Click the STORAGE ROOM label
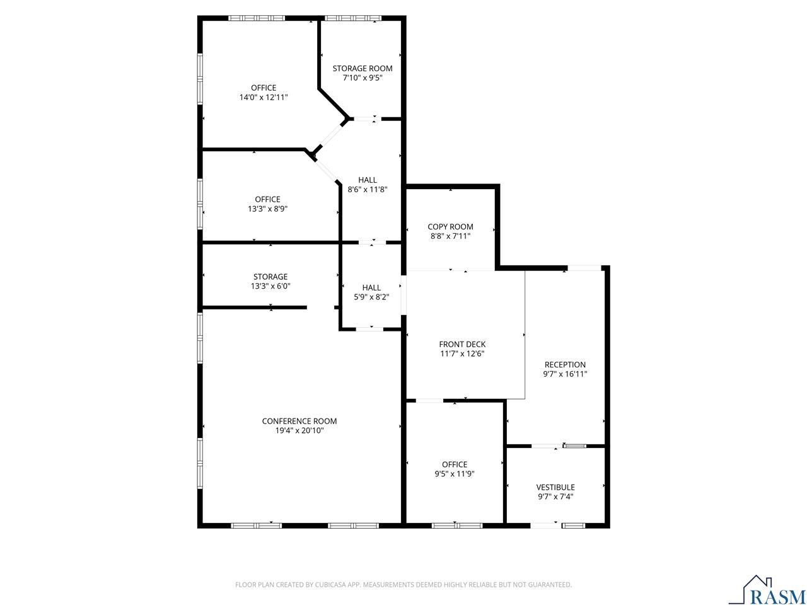(363, 68)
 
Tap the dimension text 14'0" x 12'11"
(264, 98)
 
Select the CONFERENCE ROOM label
(299, 421)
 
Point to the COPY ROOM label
(450, 227)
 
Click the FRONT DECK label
(462, 344)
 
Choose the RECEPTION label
(565, 364)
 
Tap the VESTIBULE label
(555, 487)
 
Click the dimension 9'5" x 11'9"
(455, 474)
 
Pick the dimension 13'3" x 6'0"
(270, 286)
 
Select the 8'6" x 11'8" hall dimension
(368, 189)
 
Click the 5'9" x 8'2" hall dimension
(371, 297)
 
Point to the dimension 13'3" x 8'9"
(268, 209)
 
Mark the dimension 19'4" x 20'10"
(299, 430)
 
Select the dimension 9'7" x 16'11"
(565, 374)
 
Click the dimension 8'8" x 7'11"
(450, 236)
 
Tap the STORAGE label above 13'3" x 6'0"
(270, 277)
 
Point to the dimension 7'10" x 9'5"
(363, 78)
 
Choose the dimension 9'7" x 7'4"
(555, 497)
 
